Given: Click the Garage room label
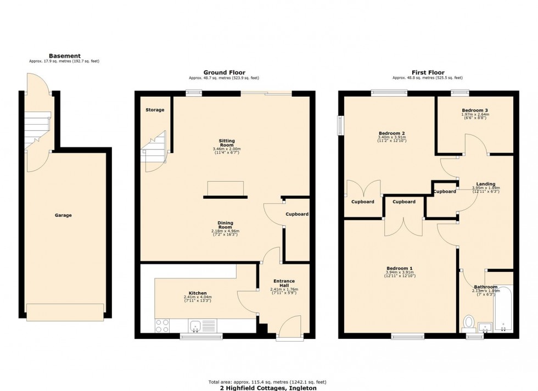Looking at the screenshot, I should click(64, 215).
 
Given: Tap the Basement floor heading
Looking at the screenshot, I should click(64, 56).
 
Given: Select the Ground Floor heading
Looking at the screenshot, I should click(224, 72).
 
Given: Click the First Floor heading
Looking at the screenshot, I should click(428, 72).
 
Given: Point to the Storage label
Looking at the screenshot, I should click(155, 110).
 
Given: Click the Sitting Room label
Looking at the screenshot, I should click(226, 142).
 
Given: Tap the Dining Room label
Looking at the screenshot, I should click(226, 225).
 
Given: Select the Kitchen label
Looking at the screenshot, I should click(197, 293).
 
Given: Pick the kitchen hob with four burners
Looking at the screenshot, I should click(162, 326).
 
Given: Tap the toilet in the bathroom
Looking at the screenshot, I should click(469, 321).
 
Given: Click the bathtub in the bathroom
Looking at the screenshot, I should click(503, 310).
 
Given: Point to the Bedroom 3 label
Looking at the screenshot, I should click(475, 110).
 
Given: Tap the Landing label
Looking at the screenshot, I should click(485, 184).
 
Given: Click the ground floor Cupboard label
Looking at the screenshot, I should click(297, 214).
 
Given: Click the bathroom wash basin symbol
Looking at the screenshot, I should click(485, 327).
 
